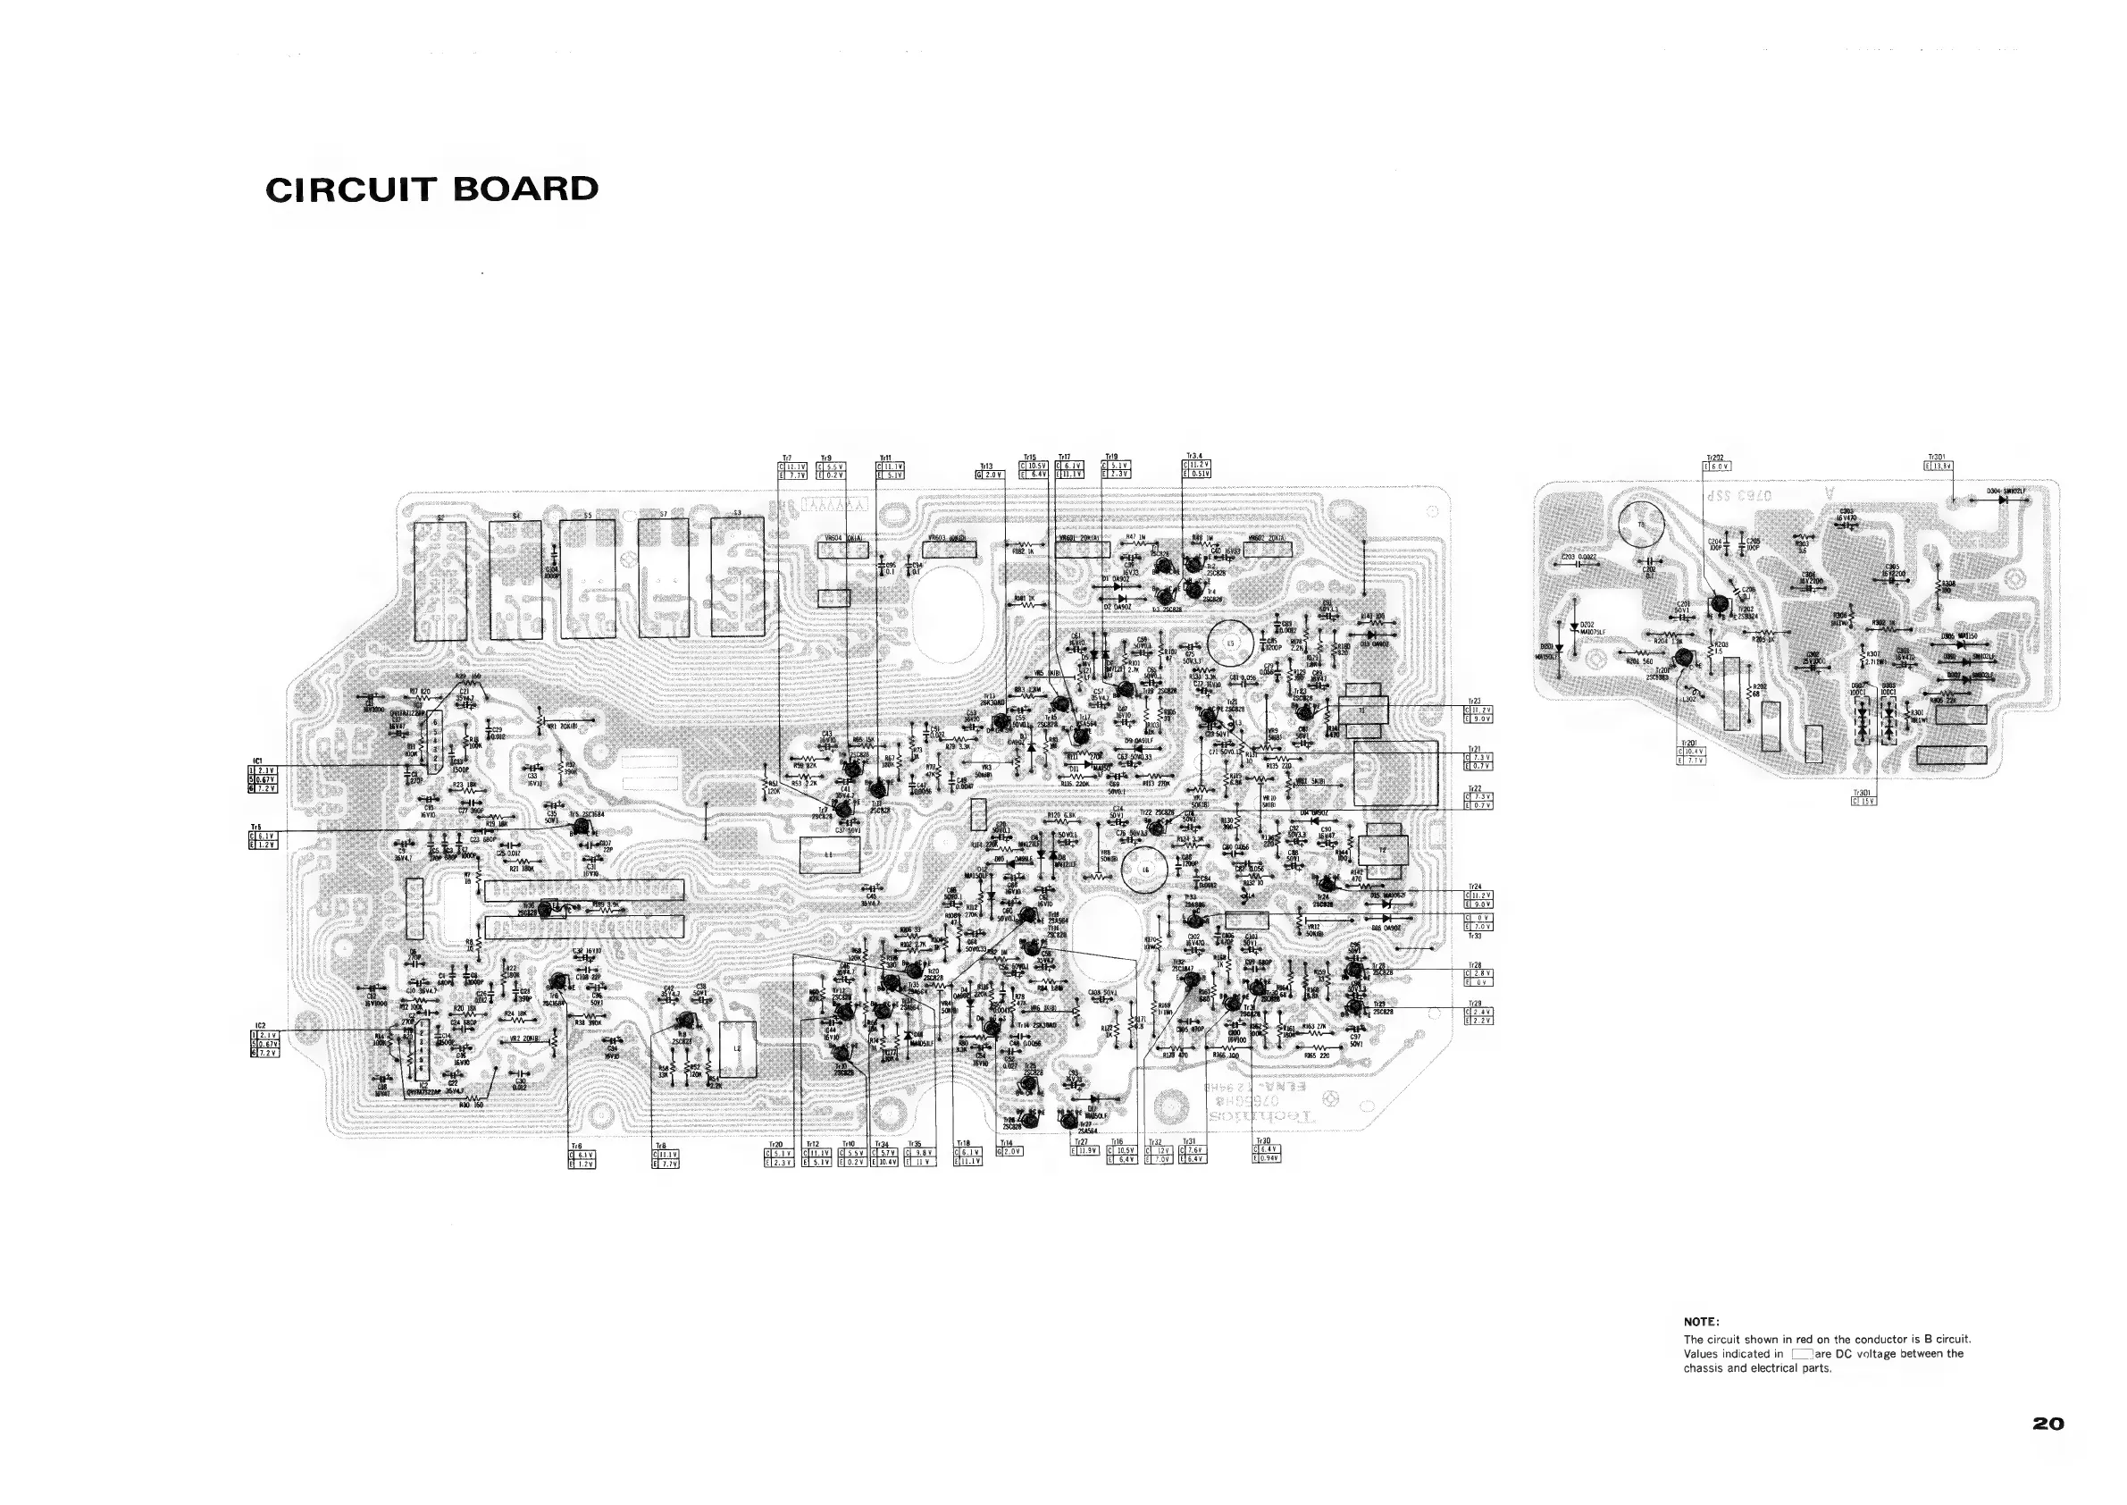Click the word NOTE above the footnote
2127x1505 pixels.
click(1701, 1322)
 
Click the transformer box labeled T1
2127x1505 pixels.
click(1361, 710)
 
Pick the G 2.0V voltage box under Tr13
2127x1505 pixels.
click(991, 475)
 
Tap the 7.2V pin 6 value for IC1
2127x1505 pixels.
click(265, 787)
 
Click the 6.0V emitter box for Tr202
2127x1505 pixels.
click(1719, 467)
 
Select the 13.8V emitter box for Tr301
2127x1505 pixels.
click(1941, 467)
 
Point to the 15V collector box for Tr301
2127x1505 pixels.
click(1865, 802)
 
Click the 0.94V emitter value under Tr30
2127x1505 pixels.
click(1269, 1158)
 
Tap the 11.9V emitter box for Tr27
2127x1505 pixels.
click(1085, 1151)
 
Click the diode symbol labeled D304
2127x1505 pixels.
click(2004, 500)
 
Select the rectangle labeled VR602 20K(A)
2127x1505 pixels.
click(1268, 550)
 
